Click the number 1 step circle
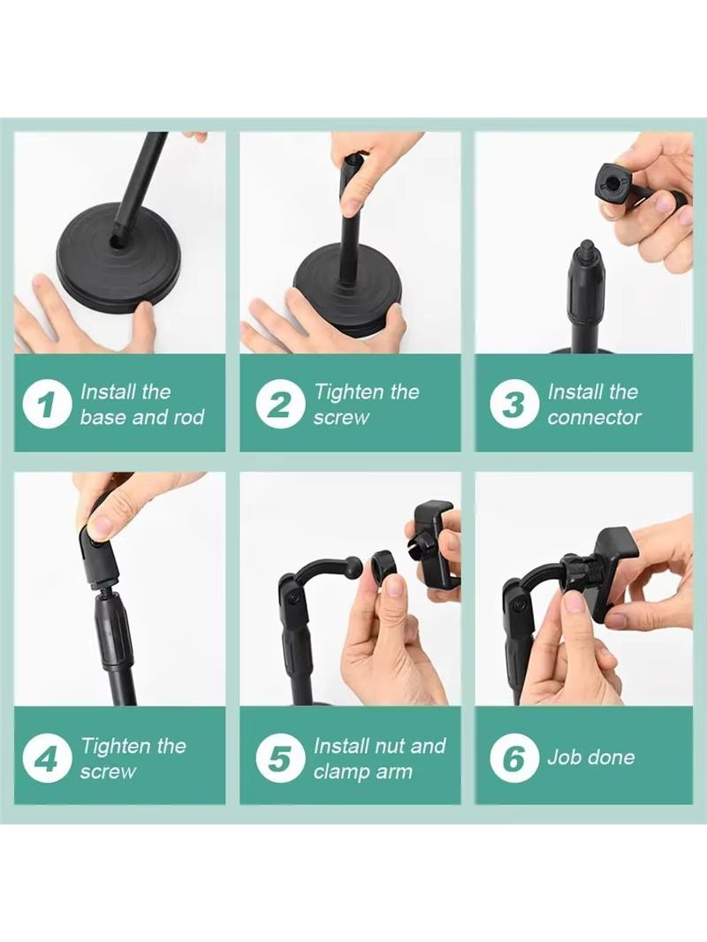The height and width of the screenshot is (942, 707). point(44,404)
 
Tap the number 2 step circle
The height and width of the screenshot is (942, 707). point(277,404)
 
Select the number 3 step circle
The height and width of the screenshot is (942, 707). point(512,404)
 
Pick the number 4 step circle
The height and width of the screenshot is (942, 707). point(44,758)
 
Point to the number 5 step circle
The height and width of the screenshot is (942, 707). point(277,758)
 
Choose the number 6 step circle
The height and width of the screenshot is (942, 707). point(512,758)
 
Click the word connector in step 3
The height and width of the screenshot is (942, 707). point(594,417)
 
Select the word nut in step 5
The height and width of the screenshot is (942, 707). point(388,746)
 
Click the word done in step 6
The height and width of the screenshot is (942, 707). point(612,757)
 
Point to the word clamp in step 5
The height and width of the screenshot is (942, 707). point(340,771)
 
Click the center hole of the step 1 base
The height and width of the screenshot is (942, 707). point(117,242)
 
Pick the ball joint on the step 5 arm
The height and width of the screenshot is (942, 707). point(353,566)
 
